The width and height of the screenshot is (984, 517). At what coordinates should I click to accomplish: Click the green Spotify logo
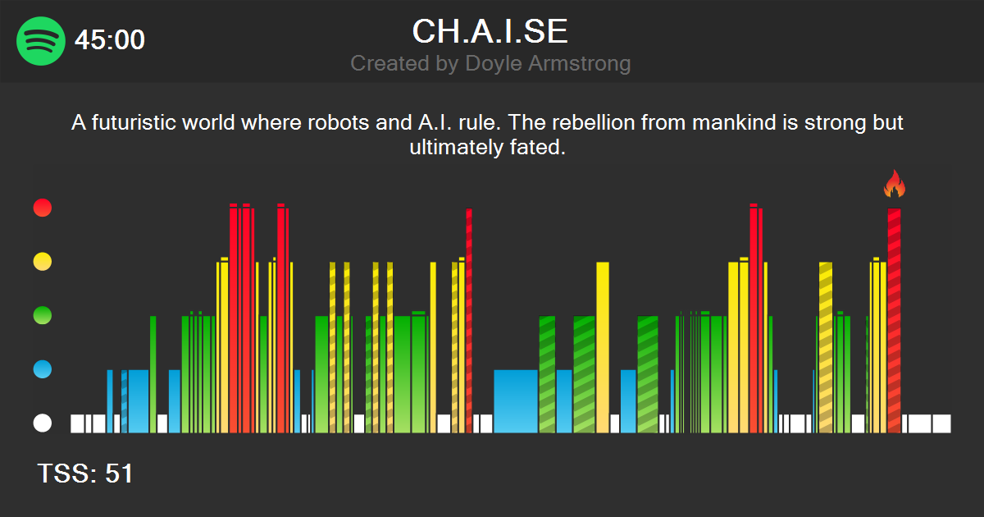click(x=41, y=40)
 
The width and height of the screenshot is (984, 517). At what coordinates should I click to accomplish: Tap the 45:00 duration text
click(x=110, y=39)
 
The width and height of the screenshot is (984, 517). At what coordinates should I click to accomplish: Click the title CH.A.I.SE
click(x=490, y=31)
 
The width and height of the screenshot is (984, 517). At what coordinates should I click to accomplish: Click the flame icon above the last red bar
click(x=894, y=185)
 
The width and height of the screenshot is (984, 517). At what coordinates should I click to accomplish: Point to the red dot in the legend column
click(x=42, y=208)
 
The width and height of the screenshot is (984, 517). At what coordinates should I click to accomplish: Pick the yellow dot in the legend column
click(x=42, y=262)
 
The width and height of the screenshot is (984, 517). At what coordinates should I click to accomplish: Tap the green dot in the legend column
click(x=42, y=315)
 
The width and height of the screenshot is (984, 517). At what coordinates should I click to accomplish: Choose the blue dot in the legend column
click(x=42, y=369)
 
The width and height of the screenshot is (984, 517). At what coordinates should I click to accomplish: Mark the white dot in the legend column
click(x=42, y=423)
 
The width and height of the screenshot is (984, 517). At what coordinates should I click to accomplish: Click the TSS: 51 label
click(x=85, y=474)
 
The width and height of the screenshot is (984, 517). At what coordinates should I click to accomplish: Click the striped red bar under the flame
click(x=894, y=320)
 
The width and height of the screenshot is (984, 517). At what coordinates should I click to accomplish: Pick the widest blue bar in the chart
click(x=516, y=400)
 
